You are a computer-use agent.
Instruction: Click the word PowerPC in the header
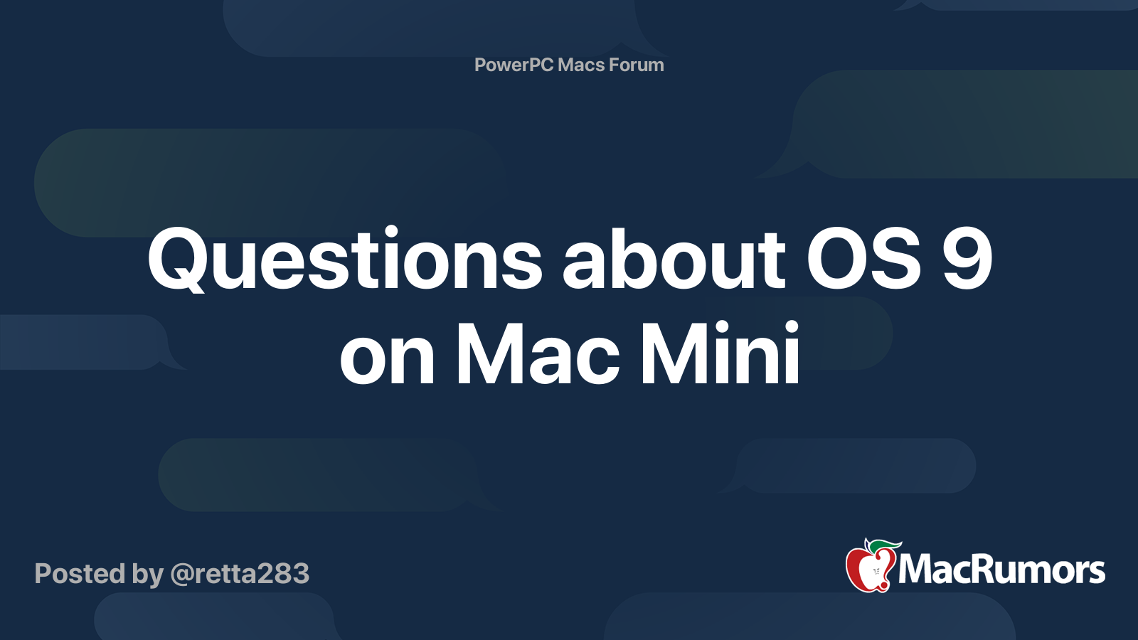click(514, 65)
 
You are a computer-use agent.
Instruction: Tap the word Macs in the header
click(581, 65)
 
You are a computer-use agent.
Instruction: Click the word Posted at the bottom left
click(80, 574)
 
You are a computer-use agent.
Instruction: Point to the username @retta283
click(240, 574)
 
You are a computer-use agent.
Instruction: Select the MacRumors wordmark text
click(1001, 570)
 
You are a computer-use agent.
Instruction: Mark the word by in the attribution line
click(147, 575)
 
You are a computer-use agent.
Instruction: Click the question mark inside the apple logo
click(876, 571)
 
